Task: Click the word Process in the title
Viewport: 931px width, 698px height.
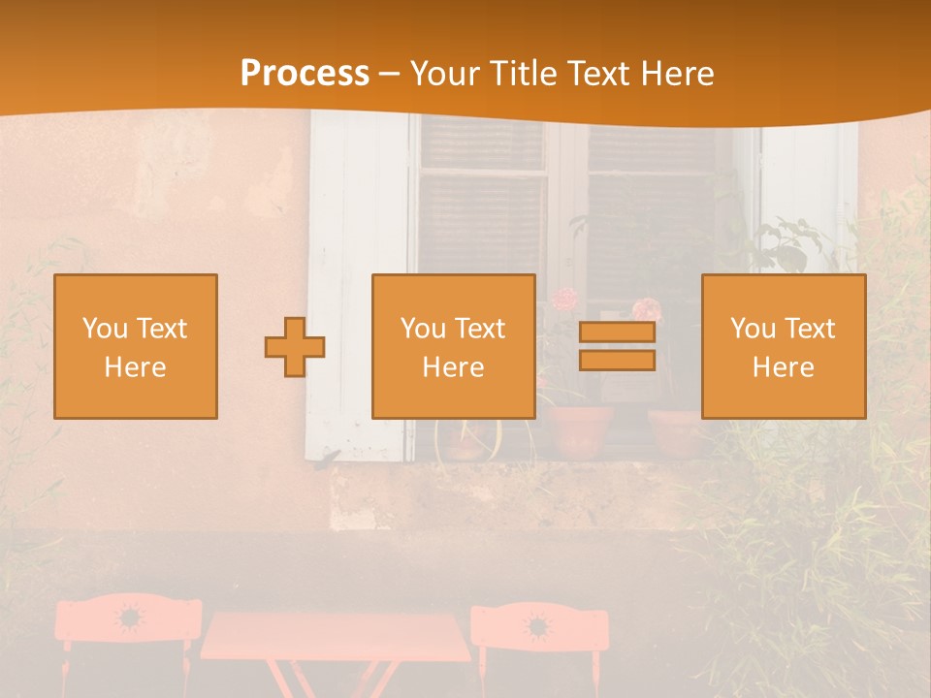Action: click(305, 74)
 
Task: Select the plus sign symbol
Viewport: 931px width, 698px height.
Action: click(295, 347)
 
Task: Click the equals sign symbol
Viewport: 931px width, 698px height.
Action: click(617, 346)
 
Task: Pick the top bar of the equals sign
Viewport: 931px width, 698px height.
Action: click(617, 332)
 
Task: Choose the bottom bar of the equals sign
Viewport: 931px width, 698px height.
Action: click(617, 361)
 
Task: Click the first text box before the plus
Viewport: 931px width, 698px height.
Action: click(136, 346)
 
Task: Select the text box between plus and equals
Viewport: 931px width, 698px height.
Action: click(453, 346)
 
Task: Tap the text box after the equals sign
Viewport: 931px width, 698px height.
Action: click(784, 346)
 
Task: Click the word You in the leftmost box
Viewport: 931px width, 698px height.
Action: click(103, 329)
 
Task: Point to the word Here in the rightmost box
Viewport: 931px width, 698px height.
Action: click(784, 367)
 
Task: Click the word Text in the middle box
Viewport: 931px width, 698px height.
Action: click(480, 329)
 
